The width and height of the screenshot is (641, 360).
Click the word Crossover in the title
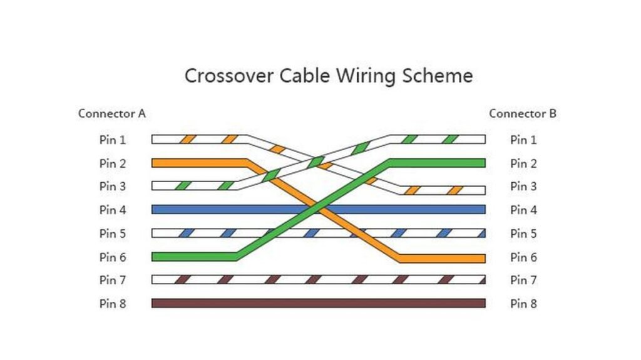tap(229, 76)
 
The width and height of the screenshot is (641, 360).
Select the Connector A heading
tap(112, 113)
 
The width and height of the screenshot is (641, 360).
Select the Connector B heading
tap(523, 113)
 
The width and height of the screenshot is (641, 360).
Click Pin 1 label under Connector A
tap(113, 140)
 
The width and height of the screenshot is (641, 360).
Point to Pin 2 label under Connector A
tap(113, 163)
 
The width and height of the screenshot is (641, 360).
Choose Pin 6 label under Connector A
tap(113, 257)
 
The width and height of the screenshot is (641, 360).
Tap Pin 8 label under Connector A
tap(113, 304)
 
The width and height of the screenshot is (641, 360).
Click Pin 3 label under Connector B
tap(523, 187)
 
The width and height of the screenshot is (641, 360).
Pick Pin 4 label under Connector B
tap(523, 210)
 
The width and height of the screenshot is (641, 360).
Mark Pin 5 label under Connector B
tap(523, 234)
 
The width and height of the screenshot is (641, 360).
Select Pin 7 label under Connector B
tap(523, 280)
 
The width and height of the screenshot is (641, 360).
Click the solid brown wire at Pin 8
tap(318, 303)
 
